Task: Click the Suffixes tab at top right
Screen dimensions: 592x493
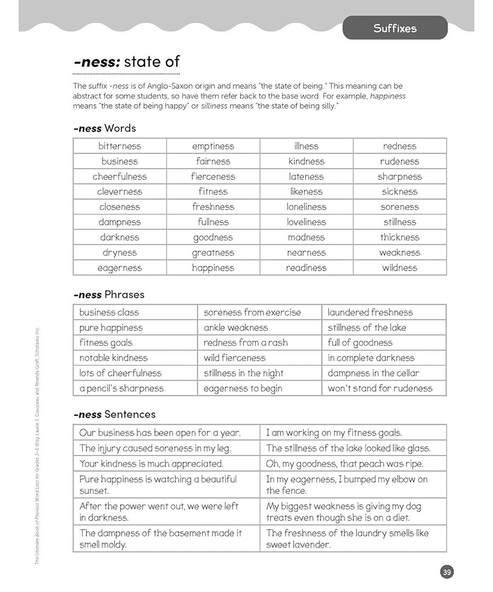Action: pyautogui.click(x=394, y=28)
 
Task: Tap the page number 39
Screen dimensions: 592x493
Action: pyautogui.click(x=446, y=572)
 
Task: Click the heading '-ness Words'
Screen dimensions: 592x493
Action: pyautogui.click(x=104, y=128)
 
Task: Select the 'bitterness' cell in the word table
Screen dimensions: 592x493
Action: pyautogui.click(x=119, y=146)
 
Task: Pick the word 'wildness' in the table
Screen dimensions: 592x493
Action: pyautogui.click(x=399, y=268)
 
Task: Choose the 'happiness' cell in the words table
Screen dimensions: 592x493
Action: pyautogui.click(x=213, y=268)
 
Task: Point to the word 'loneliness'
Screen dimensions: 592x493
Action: pyautogui.click(x=306, y=207)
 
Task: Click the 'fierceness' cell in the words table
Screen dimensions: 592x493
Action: pyautogui.click(x=213, y=177)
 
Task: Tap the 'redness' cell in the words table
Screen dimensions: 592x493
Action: pyautogui.click(x=399, y=146)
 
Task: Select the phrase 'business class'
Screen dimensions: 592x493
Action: pyautogui.click(x=109, y=312)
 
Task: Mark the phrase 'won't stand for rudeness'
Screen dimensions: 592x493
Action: pyautogui.click(x=380, y=388)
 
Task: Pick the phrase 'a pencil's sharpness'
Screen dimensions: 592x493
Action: pyautogui.click(x=121, y=388)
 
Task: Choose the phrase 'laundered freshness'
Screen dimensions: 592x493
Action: pyautogui.click(x=370, y=312)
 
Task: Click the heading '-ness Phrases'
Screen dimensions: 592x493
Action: pyautogui.click(x=108, y=294)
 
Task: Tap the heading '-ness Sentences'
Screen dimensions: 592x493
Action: pyautogui.click(x=114, y=414)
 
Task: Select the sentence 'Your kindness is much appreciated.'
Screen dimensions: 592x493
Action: pyautogui.click(x=151, y=464)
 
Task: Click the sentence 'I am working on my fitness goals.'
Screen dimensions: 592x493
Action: pyautogui.click(x=334, y=432)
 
